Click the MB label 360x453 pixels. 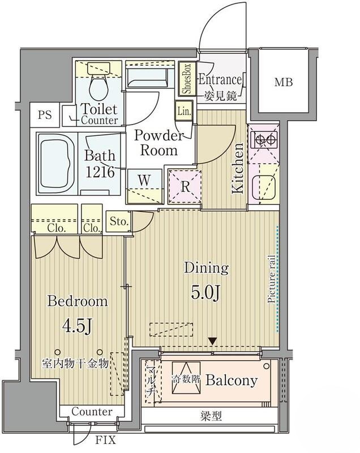[283, 82]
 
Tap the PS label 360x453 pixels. [45, 115]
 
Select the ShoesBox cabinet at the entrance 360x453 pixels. [187, 79]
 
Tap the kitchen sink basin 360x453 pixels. [264, 187]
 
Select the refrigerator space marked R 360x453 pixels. [185, 186]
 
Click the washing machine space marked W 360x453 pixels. [144, 186]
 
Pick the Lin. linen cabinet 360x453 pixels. [183, 111]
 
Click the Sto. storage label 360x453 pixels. [119, 221]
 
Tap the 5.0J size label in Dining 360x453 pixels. [206, 293]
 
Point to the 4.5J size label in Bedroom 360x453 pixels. [78, 327]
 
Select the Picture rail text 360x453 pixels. [271, 279]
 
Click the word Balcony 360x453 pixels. [232, 381]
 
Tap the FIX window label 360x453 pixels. [105, 440]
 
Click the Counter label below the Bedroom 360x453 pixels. [92, 412]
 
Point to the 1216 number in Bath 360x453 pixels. [100, 173]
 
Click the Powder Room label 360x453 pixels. [159, 143]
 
